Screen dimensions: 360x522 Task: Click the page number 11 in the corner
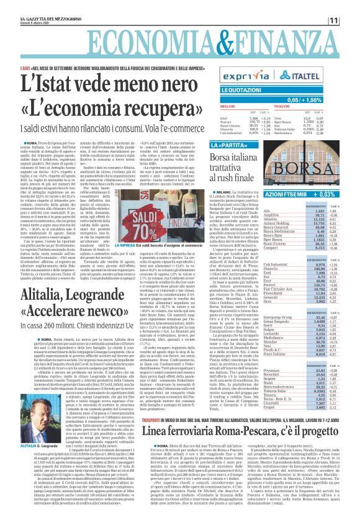coord(351,20)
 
